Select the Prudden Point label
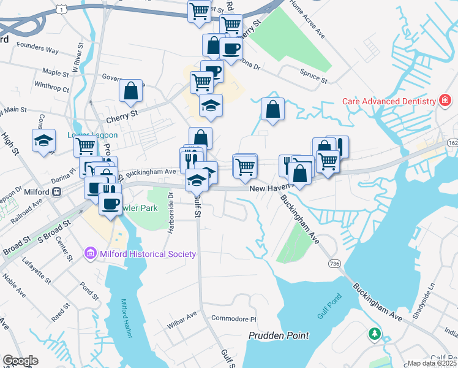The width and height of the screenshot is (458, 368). point(279,335)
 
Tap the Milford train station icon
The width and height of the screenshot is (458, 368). point(56,192)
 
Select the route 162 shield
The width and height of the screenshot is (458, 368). point(452,142)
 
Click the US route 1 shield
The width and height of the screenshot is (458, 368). point(60,9)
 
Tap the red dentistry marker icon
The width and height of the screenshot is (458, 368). point(446,101)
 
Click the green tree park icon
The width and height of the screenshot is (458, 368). point(374,334)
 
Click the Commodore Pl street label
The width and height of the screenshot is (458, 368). point(233,319)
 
